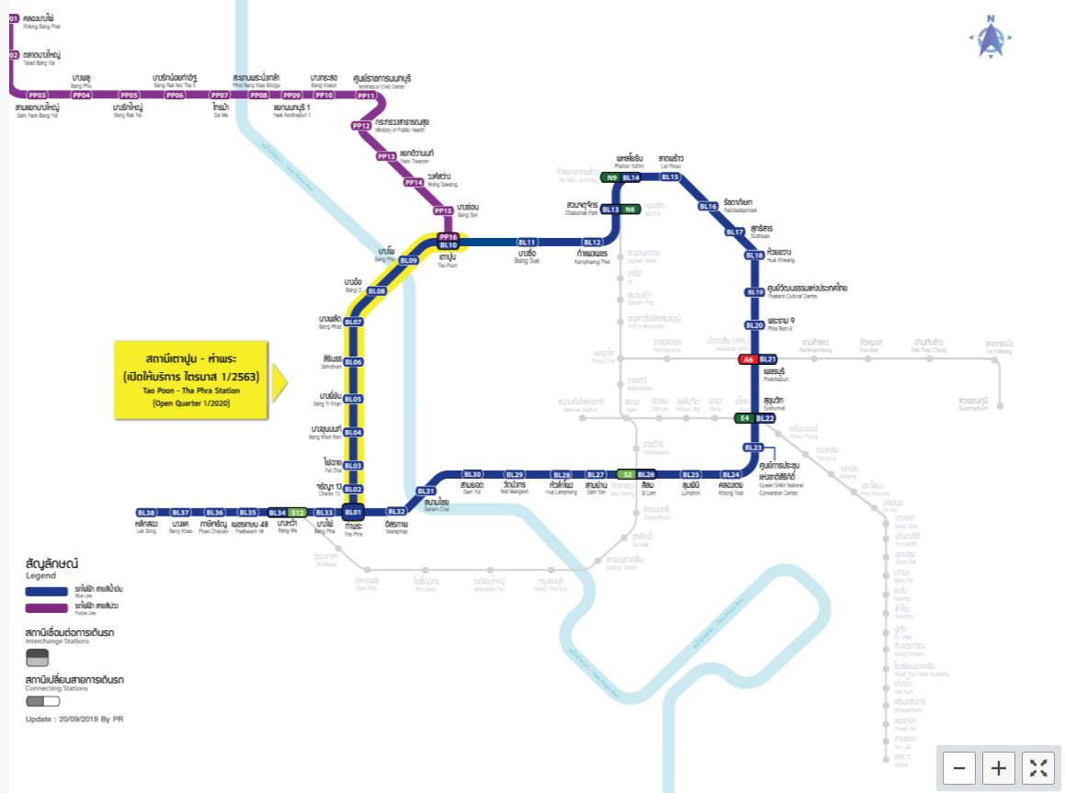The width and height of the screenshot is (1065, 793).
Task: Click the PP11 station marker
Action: (367, 96)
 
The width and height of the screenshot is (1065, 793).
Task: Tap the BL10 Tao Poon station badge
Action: (448, 245)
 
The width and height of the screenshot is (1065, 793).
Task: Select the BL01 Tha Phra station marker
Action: (354, 512)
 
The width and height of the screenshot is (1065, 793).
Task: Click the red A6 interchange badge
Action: (749, 359)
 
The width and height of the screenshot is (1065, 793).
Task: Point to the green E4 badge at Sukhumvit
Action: (745, 418)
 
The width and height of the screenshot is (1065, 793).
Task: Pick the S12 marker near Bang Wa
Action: (297, 512)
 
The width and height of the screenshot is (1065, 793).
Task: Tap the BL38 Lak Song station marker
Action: (146, 512)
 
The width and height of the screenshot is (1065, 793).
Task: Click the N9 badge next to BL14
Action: (611, 177)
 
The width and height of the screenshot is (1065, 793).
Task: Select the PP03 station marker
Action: (38, 96)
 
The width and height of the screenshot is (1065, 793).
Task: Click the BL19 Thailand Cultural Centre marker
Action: (754, 292)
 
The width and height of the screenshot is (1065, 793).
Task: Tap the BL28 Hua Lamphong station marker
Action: (562, 475)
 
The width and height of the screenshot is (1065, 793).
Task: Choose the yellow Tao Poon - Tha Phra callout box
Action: (191, 380)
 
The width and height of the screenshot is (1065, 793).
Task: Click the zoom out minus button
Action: (958, 768)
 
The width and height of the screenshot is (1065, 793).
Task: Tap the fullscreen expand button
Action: (1038, 768)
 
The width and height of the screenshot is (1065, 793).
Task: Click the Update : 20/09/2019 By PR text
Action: (74, 719)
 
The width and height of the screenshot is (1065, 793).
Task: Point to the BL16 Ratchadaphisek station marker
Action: (708, 207)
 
